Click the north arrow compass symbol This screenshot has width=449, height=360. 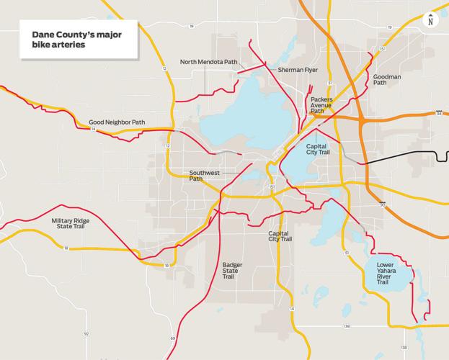pos(430,19)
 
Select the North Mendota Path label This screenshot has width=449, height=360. pos(208,62)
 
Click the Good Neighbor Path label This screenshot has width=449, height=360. pos(116,122)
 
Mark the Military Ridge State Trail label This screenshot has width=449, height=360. pos(69,224)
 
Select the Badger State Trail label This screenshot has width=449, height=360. pos(233,271)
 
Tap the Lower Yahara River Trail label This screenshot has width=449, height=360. pos(393,274)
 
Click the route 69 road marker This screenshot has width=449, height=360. pos(174,338)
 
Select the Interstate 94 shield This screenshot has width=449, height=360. pos(438,113)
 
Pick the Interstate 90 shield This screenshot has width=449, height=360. pos(382,205)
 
